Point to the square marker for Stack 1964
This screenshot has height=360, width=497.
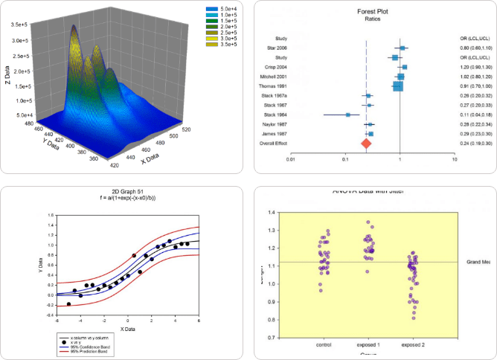point(348,115)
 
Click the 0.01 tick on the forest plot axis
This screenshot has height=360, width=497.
point(291,158)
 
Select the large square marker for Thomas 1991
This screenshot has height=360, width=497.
point(398,86)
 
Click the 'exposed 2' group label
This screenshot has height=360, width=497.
point(411,345)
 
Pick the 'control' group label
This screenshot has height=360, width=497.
point(324,345)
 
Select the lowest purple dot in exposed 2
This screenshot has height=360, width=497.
point(414,318)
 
